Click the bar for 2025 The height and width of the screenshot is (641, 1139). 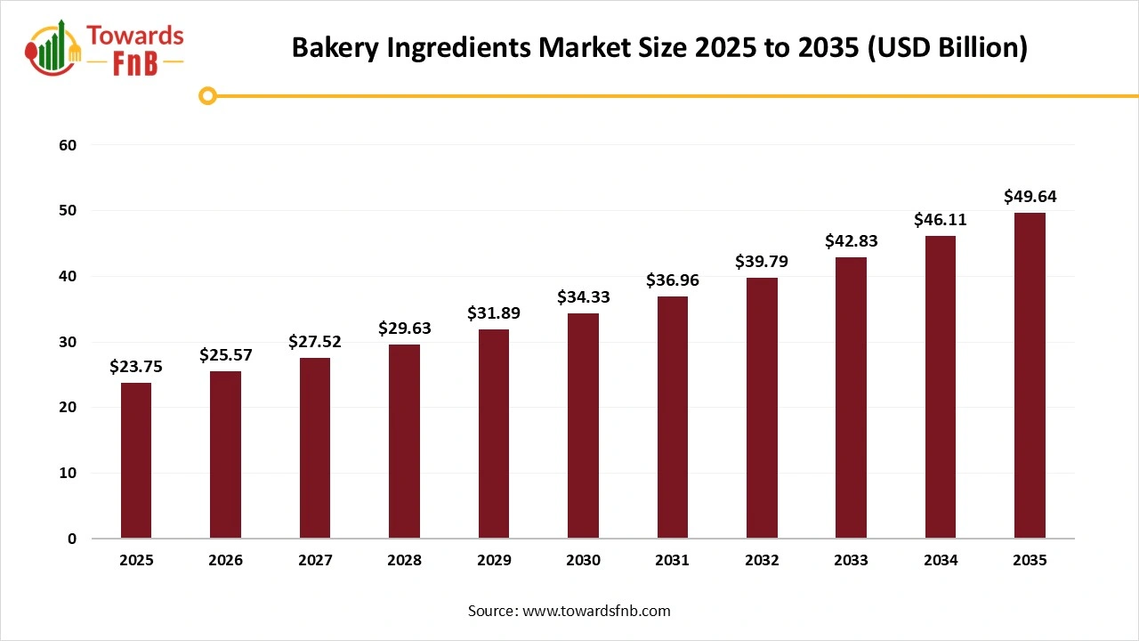pos(136,460)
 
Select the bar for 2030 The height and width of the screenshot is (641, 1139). pos(583,426)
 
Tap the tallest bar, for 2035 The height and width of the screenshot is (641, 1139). pos(1030,375)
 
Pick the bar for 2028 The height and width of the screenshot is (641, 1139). pos(404,441)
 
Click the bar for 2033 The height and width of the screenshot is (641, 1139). pos(851,397)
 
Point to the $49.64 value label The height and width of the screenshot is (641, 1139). pos(1030,197)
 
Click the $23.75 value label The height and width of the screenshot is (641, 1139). pos(136,366)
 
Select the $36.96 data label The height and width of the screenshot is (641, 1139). pos(672,280)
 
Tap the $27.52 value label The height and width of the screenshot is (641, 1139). pos(314,342)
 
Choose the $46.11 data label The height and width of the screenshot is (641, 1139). pos(940,220)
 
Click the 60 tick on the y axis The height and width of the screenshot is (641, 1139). pos(69,145)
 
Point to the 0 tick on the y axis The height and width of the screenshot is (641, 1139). pos(72,539)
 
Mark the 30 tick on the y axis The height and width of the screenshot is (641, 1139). pos(69,342)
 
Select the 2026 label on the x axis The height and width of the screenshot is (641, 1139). pos(225,561)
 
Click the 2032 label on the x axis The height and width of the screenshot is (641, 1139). pos(762,561)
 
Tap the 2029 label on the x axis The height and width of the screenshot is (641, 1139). pos(493,561)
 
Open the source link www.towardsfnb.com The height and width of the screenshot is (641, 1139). pos(596,611)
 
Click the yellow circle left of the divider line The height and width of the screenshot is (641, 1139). pos(207,95)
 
